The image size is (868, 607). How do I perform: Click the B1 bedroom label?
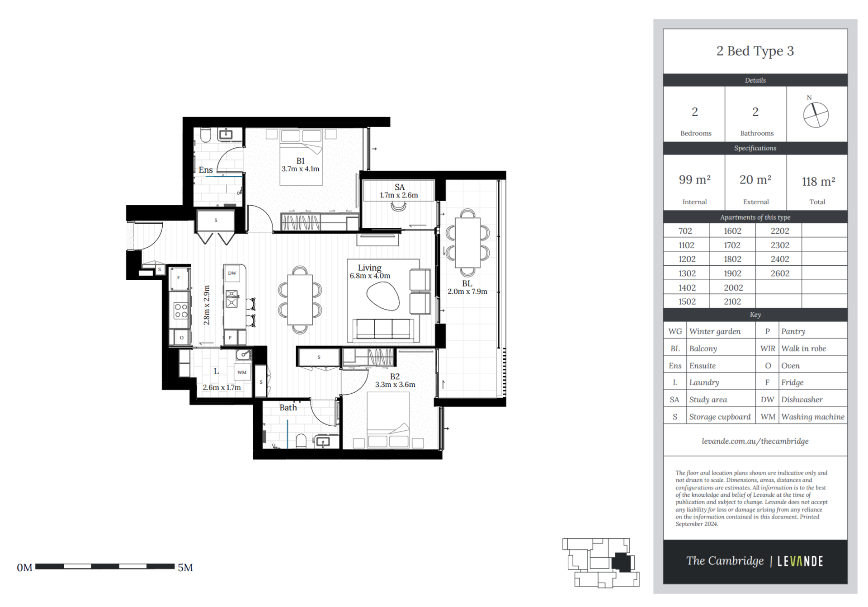tap(301, 161)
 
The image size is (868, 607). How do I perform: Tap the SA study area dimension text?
tap(399, 195)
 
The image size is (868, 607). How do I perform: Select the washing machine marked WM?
tap(242, 372)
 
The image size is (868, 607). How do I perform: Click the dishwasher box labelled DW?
tap(232, 273)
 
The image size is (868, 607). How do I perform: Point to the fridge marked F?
tap(179, 278)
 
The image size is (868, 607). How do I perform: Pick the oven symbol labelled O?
tap(182, 338)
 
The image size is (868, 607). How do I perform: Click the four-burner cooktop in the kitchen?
tap(181, 311)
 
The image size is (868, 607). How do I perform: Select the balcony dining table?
tap(467, 243)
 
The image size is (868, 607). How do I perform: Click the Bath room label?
tap(288, 408)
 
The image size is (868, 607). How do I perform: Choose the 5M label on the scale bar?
tap(185, 568)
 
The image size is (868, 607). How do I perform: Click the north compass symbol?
tap(816, 115)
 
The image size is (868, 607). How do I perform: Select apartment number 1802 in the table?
tap(732, 259)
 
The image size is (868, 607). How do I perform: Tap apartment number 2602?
tap(780, 273)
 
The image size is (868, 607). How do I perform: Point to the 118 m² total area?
tap(818, 182)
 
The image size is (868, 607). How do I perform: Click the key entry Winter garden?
tap(715, 331)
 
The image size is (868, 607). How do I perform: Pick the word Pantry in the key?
tap(793, 331)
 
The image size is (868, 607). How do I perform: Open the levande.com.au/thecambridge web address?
tap(755, 441)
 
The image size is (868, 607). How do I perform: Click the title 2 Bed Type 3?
tap(755, 51)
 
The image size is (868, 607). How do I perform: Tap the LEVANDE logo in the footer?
tap(800, 561)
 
